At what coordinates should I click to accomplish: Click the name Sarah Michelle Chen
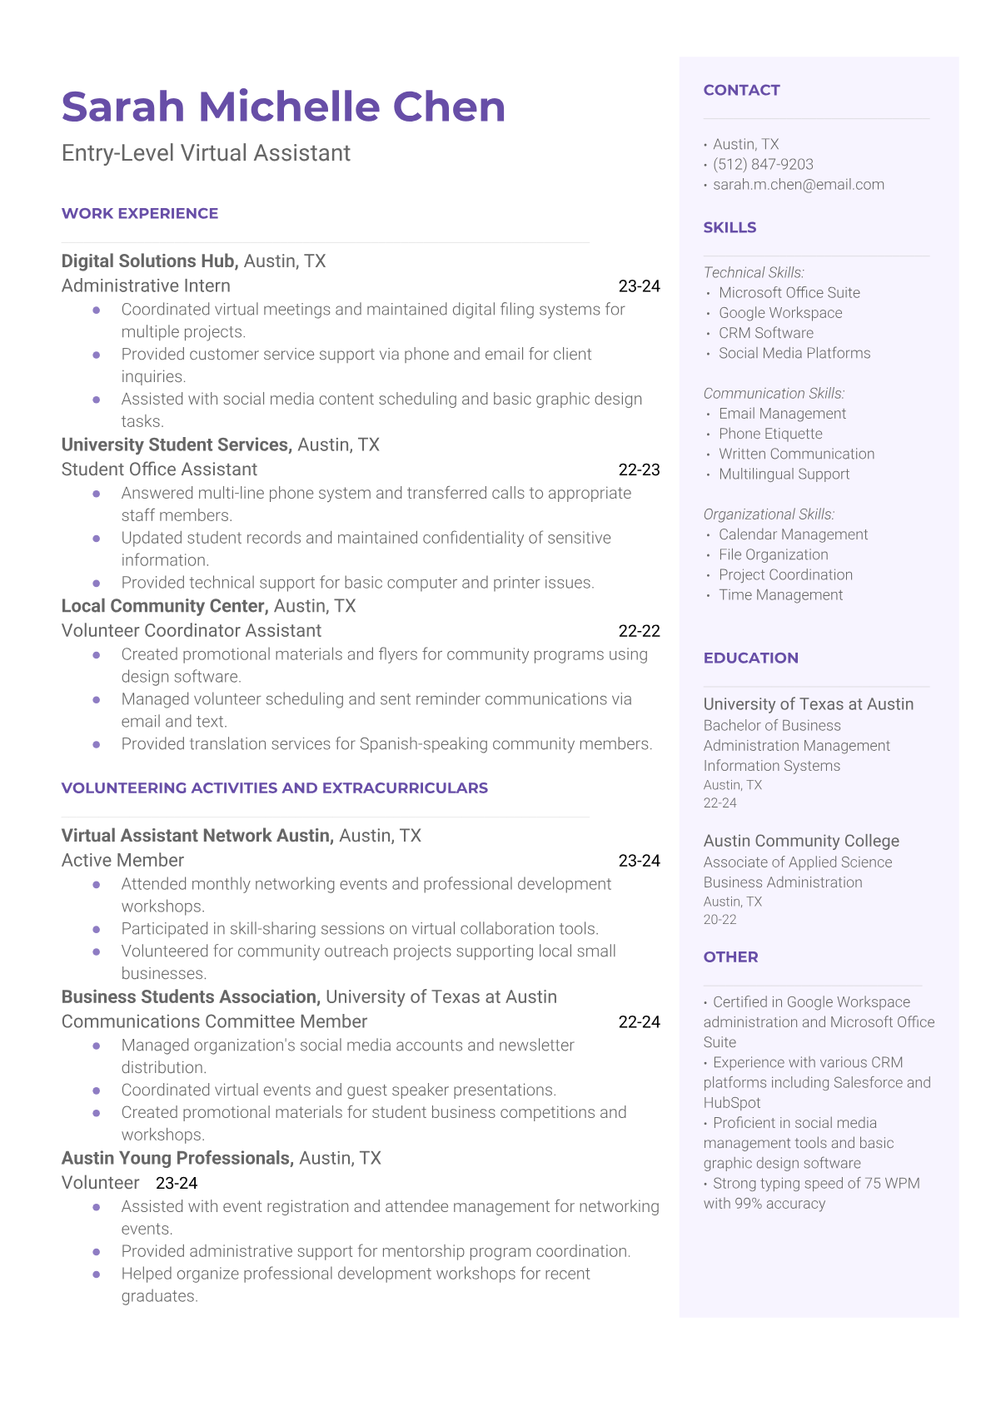click(x=283, y=107)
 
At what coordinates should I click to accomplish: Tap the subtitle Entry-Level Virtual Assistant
click(x=206, y=153)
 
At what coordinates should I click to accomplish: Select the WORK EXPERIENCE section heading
click(x=140, y=214)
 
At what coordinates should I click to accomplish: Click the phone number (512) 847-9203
click(x=763, y=165)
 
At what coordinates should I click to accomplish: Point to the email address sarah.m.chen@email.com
click(x=798, y=185)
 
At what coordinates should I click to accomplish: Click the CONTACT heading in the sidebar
click(x=741, y=91)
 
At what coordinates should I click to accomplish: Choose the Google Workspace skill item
click(x=780, y=313)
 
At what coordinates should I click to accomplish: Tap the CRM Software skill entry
click(x=766, y=333)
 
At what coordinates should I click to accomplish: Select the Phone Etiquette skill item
click(x=770, y=434)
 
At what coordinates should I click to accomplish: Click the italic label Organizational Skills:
click(x=769, y=514)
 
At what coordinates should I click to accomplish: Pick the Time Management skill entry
click(x=780, y=595)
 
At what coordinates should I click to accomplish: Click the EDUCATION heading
click(x=750, y=658)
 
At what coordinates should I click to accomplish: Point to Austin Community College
click(x=801, y=841)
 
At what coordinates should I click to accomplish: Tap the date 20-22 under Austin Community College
click(x=720, y=920)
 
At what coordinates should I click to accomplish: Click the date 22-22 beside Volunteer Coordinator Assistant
click(x=639, y=631)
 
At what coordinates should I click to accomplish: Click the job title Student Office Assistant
click(x=159, y=469)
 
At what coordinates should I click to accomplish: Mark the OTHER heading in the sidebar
click(x=730, y=957)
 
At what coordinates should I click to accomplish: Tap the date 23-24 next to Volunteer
click(x=177, y=1183)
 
